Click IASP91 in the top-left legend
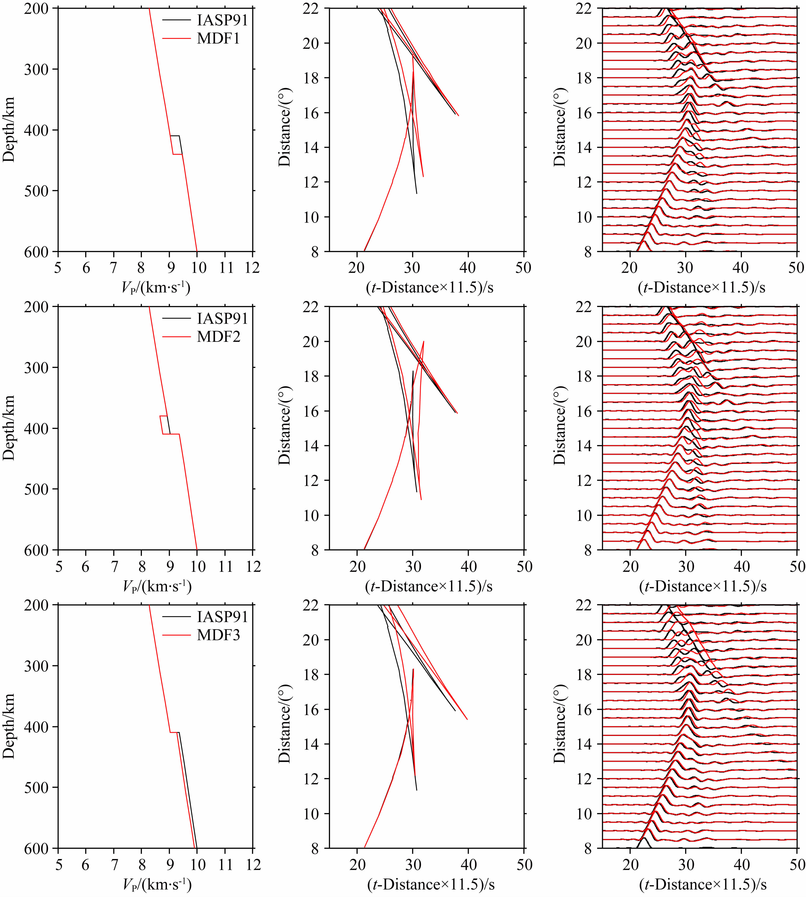pyautogui.click(x=222, y=20)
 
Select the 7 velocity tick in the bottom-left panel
pyautogui.click(x=114, y=865)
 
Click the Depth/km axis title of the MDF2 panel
pyautogui.click(x=9, y=428)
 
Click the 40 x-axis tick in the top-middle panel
pyautogui.click(x=468, y=268)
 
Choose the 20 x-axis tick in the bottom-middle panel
pyautogui.click(x=357, y=865)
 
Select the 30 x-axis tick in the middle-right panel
pyautogui.click(x=685, y=566)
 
